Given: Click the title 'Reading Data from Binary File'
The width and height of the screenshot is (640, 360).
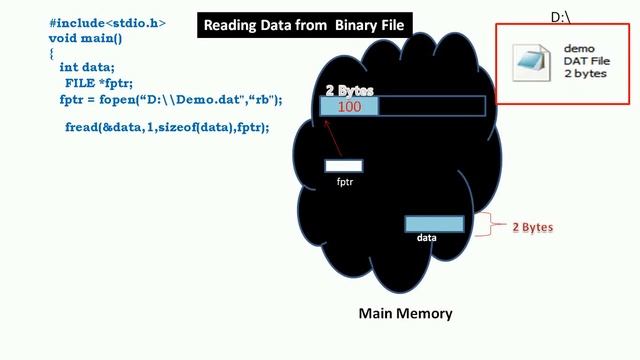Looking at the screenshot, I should (x=304, y=24).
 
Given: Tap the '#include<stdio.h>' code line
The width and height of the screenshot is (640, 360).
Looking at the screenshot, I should (x=108, y=21).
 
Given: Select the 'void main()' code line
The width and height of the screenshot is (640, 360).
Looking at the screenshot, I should (x=90, y=36).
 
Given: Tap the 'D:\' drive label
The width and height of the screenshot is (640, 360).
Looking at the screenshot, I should (x=561, y=17).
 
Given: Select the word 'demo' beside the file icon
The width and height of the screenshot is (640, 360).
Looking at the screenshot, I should (x=580, y=47).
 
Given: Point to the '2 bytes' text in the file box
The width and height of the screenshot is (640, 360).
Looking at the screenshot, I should (x=585, y=74).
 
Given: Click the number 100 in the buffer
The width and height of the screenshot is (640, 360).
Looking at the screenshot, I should (x=349, y=107).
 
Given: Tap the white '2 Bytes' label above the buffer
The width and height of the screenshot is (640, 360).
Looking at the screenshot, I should (x=349, y=90).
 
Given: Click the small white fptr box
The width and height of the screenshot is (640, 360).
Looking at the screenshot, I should (x=344, y=166).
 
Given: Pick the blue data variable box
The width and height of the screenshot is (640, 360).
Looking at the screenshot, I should (x=434, y=224).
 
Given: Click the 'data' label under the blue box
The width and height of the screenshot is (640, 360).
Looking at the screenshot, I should (x=427, y=238).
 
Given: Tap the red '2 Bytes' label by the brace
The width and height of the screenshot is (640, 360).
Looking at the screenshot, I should (x=532, y=227).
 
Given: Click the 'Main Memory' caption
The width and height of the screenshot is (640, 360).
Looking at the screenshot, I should (x=405, y=313).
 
